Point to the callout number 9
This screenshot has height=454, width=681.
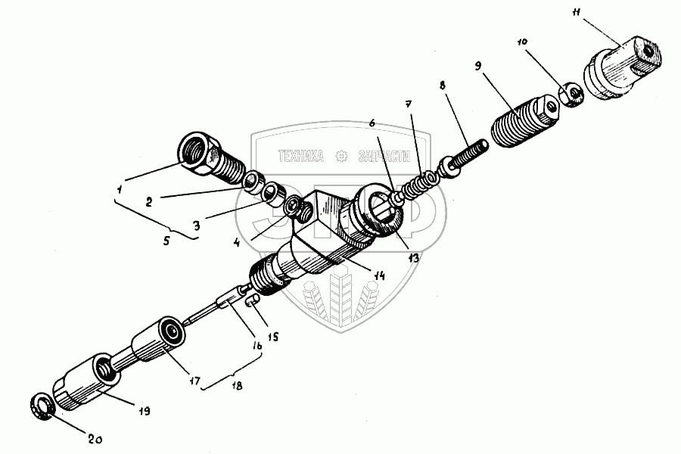[x=478, y=67]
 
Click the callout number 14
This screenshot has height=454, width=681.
[x=378, y=276]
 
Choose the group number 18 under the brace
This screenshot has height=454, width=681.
[x=236, y=386]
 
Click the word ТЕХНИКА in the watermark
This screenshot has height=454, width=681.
[x=301, y=157]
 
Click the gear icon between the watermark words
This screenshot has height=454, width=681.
[x=342, y=157]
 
